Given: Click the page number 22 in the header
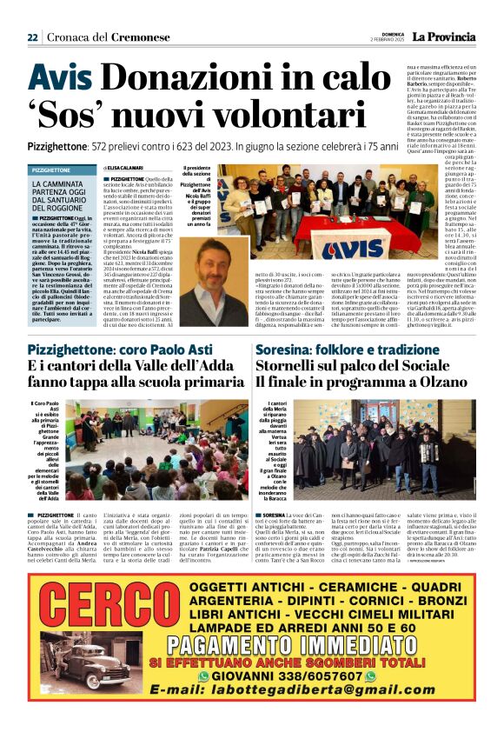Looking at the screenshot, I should click(32, 37).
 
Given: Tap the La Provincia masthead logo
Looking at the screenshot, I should click(443, 37).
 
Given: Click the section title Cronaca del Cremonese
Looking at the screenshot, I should click(96, 37).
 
